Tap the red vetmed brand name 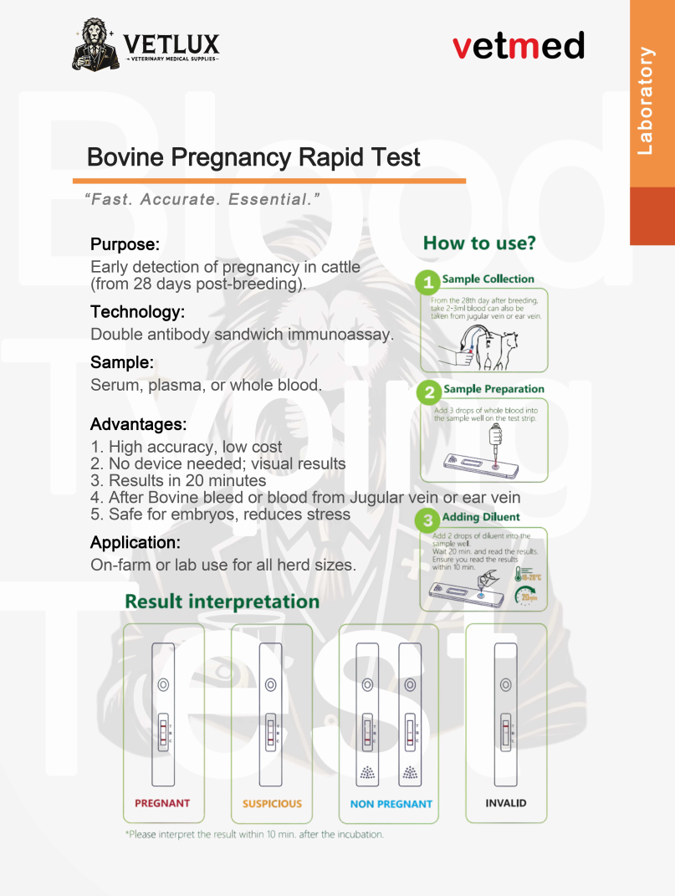coord(519,45)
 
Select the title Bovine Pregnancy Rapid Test coord(253,157)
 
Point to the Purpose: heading coord(125,245)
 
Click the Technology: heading coord(137,312)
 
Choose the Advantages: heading coord(138,424)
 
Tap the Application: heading coord(136,542)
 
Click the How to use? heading coord(479,243)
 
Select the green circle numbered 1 coord(429,280)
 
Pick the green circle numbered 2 coord(429,391)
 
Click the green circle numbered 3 coord(428,519)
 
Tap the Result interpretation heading coord(222,602)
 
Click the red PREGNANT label coord(162,803)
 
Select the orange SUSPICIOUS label coord(272,804)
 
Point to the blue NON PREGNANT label coord(391,804)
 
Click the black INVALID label coord(506,803)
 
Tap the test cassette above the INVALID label coord(505,714)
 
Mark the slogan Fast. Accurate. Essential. coord(202,200)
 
